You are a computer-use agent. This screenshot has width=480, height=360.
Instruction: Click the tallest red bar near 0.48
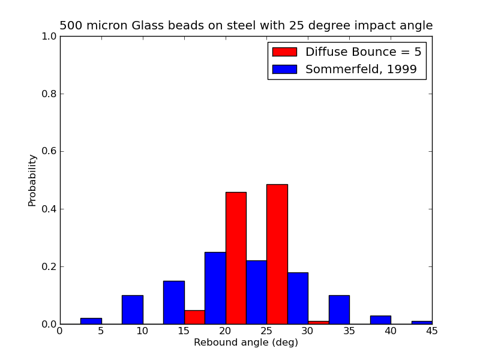click(277, 254)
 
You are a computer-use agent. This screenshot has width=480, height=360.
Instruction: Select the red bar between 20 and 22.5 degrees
click(236, 258)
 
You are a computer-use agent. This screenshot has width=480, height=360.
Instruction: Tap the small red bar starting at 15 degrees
click(194, 317)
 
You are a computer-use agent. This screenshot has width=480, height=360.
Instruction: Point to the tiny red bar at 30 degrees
click(318, 322)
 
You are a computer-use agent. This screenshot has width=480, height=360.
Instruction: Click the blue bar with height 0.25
click(215, 288)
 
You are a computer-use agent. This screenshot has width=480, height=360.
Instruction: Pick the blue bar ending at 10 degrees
click(132, 310)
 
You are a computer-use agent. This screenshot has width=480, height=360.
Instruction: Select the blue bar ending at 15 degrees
click(173, 302)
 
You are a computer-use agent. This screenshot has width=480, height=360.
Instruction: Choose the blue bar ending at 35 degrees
click(339, 310)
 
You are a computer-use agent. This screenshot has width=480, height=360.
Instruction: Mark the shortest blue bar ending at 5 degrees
click(91, 321)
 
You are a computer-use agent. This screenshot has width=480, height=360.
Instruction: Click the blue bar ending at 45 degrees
click(422, 322)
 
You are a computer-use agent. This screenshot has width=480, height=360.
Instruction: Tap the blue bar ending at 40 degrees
click(380, 320)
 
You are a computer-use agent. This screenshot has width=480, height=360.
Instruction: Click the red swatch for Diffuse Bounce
click(284, 52)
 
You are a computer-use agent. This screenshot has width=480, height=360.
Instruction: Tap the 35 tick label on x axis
click(349, 331)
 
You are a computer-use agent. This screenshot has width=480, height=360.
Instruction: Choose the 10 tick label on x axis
click(143, 331)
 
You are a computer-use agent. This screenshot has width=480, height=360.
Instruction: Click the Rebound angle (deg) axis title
click(245, 343)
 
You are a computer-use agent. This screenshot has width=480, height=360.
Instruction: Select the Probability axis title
click(32, 180)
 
